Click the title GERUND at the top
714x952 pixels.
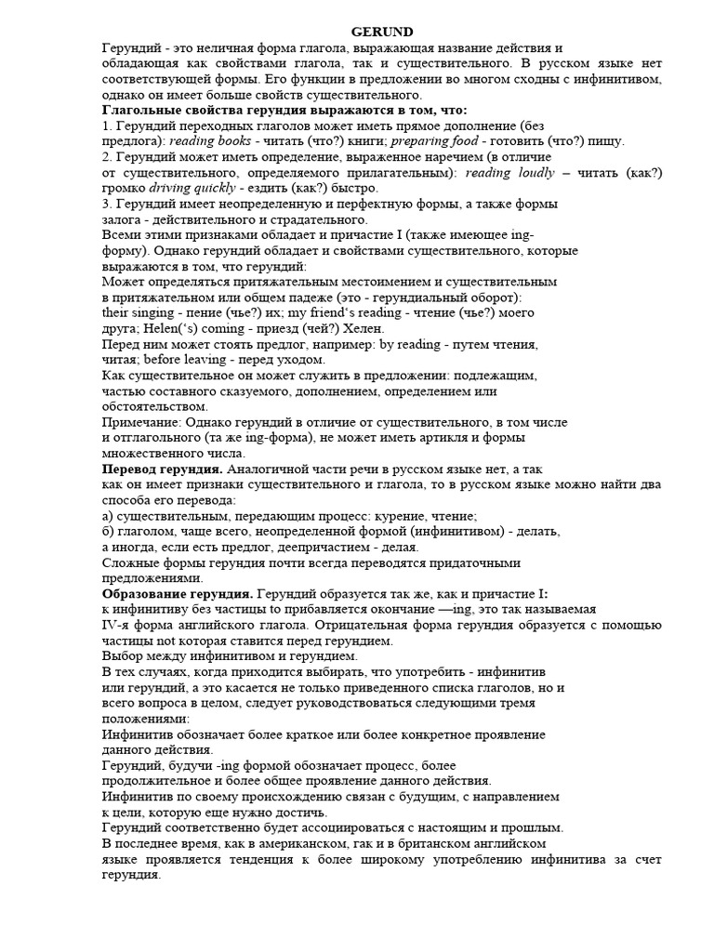[x=382, y=32]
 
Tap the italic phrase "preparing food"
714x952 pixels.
[x=432, y=141]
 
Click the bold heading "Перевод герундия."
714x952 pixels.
[x=162, y=469]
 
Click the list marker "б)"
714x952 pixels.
[x=108, y=532]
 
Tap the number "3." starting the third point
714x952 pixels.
[x=107, y=205]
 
